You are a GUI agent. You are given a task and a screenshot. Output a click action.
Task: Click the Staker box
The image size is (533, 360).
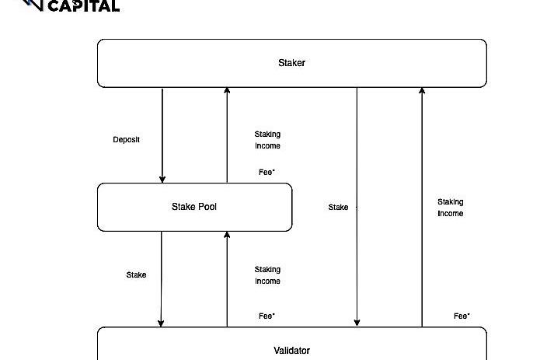tap(291, 63)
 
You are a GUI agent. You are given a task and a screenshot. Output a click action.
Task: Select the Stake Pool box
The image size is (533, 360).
tap(194, 207)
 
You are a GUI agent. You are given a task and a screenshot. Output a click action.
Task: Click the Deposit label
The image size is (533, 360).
tap(127, 140)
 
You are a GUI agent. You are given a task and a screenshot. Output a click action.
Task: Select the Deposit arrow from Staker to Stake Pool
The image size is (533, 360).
tap(162, 132)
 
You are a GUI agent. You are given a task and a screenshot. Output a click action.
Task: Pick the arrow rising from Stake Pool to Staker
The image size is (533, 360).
tap(227, 132)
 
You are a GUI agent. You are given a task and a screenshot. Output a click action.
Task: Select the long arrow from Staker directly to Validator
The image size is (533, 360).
tap(357, 233)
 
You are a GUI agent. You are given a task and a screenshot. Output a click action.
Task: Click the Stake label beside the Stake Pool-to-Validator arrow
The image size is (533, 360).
tap(136, 274)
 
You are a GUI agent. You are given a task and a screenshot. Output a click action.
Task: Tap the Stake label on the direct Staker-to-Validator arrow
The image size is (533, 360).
tap(338, 208)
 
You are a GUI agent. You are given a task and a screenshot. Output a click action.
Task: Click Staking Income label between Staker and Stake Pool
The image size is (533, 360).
tap(267, 140)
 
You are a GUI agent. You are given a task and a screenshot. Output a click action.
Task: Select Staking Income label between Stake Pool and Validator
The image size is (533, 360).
tap(267, 275)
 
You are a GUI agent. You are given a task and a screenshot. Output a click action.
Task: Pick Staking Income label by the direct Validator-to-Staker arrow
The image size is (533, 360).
tap(450, 208)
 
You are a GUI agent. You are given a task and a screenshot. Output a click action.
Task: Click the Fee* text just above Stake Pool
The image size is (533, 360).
tap(266, 173)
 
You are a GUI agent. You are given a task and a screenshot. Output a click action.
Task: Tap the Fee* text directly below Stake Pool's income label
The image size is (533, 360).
tap(266, 316)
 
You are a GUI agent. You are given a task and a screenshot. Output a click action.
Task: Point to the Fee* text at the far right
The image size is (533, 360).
tap(462, 316)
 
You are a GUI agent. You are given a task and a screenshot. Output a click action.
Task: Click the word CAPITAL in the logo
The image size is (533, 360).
tap(84, 6)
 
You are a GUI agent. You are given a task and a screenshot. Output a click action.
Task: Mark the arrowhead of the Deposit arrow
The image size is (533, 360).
tap(162, 179)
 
